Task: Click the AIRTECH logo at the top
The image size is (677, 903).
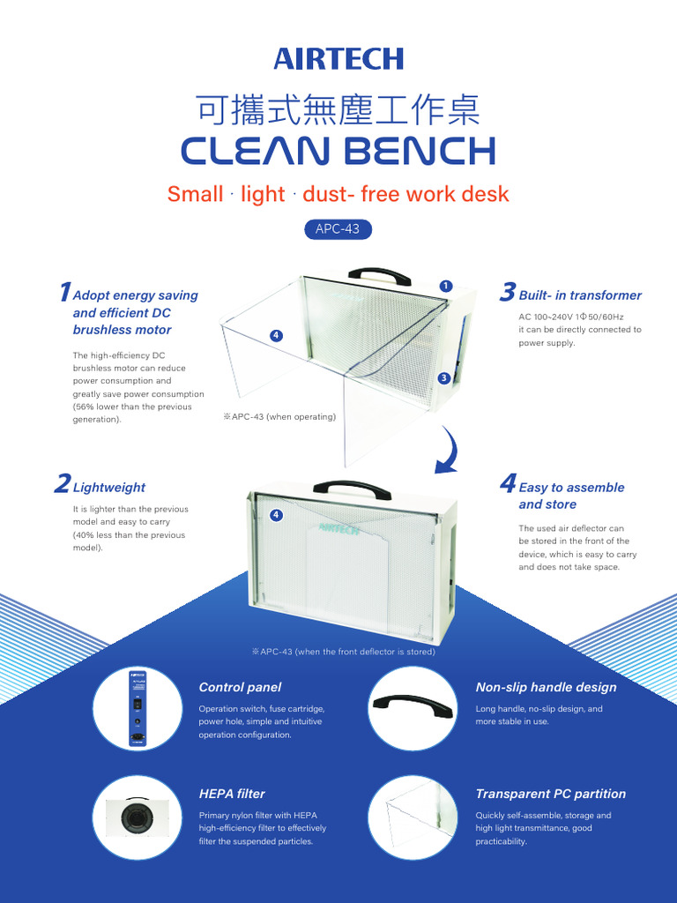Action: pyautogui.click(x=338, y=59)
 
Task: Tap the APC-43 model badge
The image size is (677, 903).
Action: pyautogui.click(x=338, y=229)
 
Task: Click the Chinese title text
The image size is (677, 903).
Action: pyautogui.click(x=338, y=112)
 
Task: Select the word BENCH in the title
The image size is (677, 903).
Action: pyautogui.click(x=418, y=151)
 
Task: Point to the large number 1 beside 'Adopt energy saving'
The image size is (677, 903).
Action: pyautogui.click(x=64, y=293)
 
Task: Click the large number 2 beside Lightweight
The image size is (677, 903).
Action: pyautogui.click(x=62, y=484)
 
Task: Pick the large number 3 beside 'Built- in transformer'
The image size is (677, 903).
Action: pyautogui.click(x=508, y=293)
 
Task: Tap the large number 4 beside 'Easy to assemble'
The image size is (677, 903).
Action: pyautogui.click(x=508, y=484)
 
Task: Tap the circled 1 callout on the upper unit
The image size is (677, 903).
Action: pyautogui.click(x=446, y=286)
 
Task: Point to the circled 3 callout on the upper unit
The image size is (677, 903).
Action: pyautogui.click(x=444, y=378)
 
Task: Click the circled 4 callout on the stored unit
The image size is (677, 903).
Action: pyautogui.click(x=277, y=514)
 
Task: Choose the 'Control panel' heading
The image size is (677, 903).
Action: pyautogui.click(x=240, y=687)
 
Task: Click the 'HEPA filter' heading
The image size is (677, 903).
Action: pyautogui.click(x=232, y=794)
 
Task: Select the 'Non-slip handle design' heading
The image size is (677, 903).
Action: pyautogui.click(x=546, y=687)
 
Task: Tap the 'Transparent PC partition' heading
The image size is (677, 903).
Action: pyautogui.click(x=550, y=794)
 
